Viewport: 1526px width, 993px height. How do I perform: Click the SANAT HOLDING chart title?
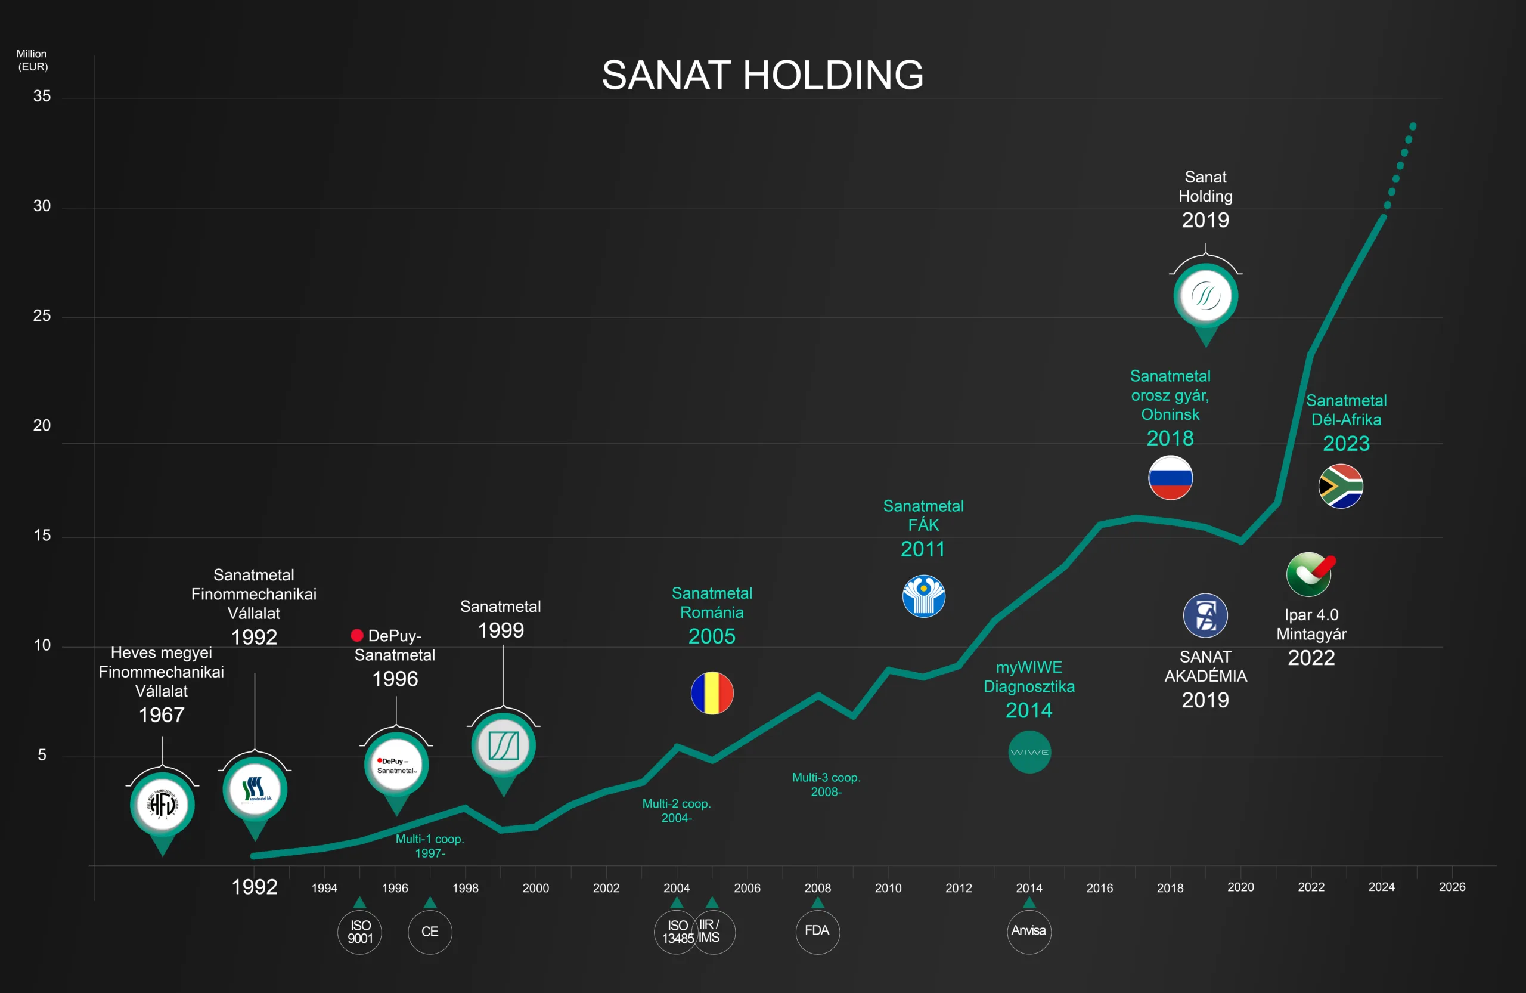tap(762, 75)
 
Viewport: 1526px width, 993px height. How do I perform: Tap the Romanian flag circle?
tap(712, 693)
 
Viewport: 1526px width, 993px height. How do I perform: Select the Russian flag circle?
tap(1170, 478)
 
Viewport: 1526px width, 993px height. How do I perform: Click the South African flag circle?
tap(1341, 486)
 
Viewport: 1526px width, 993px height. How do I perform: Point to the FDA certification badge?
tap(817, 931)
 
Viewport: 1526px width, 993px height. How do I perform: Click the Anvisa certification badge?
tap(1029, 931)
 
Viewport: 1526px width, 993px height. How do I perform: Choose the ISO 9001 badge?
tap(359, 932)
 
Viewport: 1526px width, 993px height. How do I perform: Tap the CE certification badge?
tap(430, 932)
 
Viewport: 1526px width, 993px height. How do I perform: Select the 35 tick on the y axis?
tap(42, 96)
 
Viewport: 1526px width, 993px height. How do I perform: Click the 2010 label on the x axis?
tap(888, 888)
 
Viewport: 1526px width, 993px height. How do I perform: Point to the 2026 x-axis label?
tap(1451, 886)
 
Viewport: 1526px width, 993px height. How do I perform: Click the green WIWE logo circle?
tap(1029, 753)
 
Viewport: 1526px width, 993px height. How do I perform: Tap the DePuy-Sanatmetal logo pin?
tap(396, 765)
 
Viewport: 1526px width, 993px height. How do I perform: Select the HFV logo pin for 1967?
tap(162, 805)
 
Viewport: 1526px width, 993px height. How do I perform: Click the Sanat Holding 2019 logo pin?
tap(1205, 296)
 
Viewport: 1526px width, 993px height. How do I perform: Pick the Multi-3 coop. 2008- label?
tap(826, 784)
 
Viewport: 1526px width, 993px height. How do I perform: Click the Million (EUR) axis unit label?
tap(32, 60)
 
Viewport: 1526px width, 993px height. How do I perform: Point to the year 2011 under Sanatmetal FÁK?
tap(923, 549)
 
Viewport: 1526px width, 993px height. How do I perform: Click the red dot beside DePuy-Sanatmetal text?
tap(357, 635)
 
